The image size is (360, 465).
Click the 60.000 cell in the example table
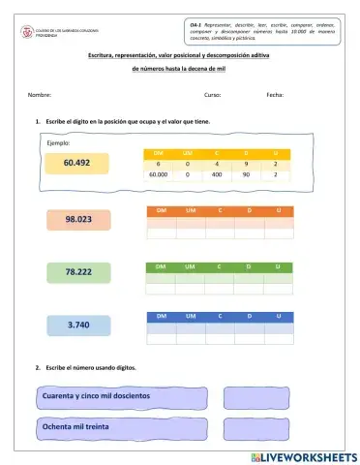(x=159, y=175)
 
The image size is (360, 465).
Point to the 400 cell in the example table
(x=217, y=175)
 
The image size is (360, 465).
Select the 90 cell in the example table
(x=247, y=175)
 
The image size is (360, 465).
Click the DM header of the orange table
(x=161, y=210)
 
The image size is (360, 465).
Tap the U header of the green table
(x=278, y=264)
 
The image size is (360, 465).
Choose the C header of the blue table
(x=219, y=316)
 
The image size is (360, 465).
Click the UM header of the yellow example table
(x=188, y=153)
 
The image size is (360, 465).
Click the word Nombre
(x=40, y=95)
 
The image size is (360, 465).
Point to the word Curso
(x=212, y=95)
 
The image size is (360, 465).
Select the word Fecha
(x=275, y=95)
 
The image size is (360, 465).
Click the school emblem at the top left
(x=27, y=31)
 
